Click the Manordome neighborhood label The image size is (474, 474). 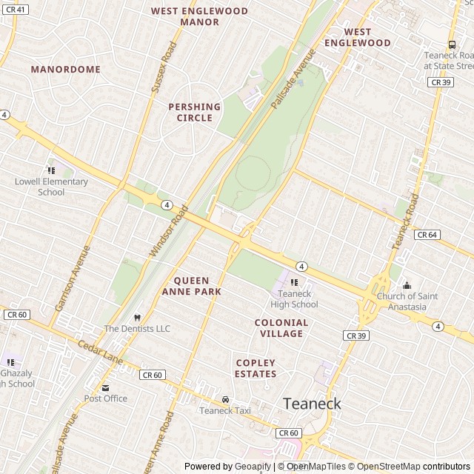(x=65, y=69)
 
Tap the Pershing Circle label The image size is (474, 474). (x=195, y=112)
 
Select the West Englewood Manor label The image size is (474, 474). (x=199, y=16)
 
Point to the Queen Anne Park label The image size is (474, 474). (x=197, y=286)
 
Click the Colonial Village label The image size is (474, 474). (x=281, y=328)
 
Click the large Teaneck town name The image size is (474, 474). (x=312, y=404)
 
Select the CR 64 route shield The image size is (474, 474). (x=427, y=235)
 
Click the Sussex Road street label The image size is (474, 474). (x=164, y=68)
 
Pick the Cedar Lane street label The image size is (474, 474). (x=101, y=352)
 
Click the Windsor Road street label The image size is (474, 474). (x=170, y=232)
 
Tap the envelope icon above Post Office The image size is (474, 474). (x=105, y=387)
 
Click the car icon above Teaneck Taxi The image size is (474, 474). (x=225, y=399)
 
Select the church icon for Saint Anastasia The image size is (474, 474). (x=406, y=286)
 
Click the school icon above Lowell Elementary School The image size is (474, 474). (x=51, y=170)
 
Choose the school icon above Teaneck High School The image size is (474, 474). (x=294, y=282)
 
